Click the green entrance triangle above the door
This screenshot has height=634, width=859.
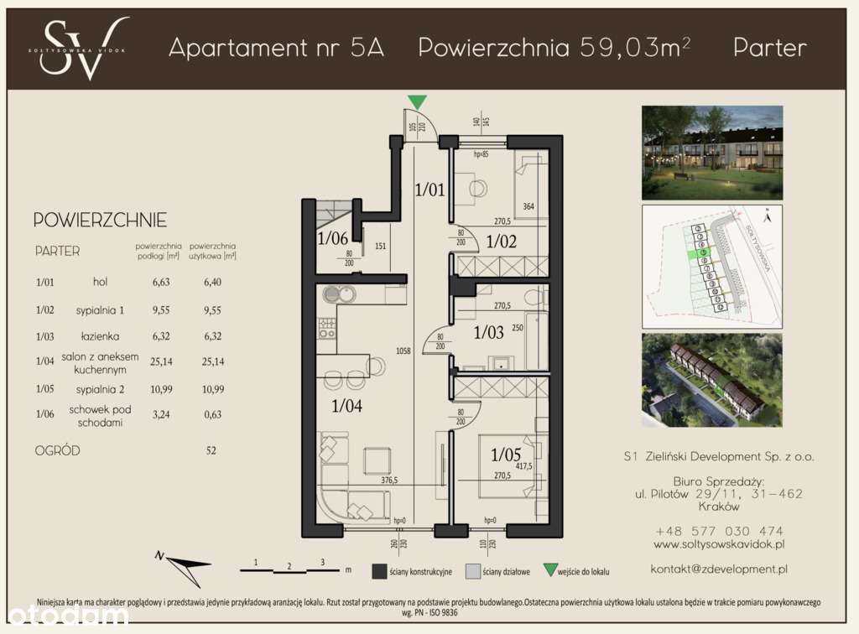416,102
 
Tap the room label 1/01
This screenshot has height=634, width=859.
429,190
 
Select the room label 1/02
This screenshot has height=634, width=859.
501,242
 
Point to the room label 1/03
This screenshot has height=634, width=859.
489,332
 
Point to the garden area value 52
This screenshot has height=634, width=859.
211,450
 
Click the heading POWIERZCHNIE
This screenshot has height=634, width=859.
100,221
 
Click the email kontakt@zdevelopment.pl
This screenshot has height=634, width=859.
719,569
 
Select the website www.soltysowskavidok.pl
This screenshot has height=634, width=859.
719,544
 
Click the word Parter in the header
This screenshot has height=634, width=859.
769,48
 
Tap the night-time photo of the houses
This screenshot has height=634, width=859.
712,151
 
